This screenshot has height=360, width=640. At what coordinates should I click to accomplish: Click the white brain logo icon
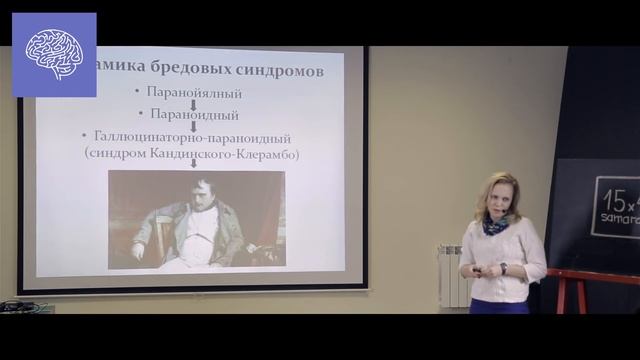tap(54, 54)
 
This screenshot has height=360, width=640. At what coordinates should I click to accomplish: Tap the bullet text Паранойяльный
tap(194, 93)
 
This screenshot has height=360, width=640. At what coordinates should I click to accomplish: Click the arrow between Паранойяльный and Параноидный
tap(193, 104)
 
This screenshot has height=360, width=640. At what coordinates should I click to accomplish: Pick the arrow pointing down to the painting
tap(193, 163)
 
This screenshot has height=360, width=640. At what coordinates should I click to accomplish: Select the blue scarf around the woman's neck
tap(495, 225)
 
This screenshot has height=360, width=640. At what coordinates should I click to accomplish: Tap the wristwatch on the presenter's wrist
tap(503, 268)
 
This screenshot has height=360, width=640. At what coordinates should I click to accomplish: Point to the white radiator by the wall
tap(454, 276)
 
